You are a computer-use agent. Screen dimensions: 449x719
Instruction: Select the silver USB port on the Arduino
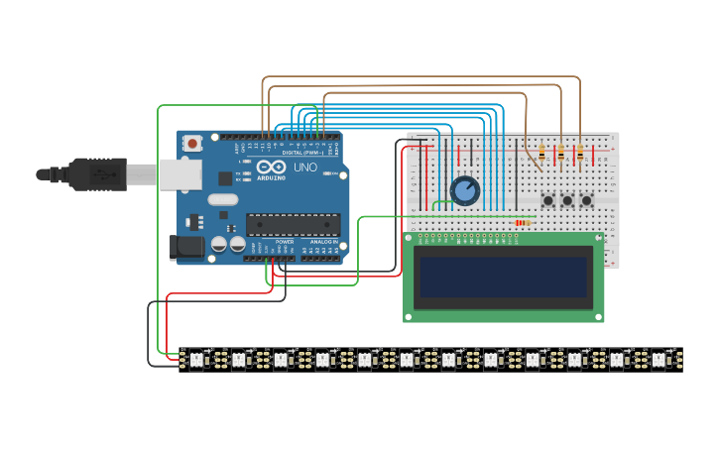pyautogui.click(x=180, y=174)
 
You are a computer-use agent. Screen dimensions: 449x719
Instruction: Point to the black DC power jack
pyautogui.click(x=184, y=247)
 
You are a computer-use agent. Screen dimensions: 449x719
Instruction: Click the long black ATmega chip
pyautogui.click(x=293, y=225)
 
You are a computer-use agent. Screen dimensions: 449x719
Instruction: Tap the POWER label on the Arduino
pyautogui.click(x=285, y=242)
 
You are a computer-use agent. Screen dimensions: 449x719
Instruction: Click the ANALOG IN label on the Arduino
pyautogui.click(x=322, y=242)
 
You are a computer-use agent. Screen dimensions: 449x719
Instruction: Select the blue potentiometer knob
pyautogui.click(x=464, y=190)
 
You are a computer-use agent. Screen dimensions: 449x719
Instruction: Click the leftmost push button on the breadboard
pyautogui.click(x=548, y=200)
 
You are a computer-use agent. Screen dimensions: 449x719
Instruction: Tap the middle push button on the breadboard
pyautogui.click(x=567, y=200)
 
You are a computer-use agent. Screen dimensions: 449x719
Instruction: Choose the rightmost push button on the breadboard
pyautogui.click(x=586, y=200)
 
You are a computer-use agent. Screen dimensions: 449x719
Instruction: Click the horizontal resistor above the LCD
pyautogui.click(x=523, y=222)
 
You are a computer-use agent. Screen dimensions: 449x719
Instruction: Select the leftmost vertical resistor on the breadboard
pyautogui.click(x=541, y=153)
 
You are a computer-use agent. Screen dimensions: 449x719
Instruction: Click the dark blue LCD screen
pyautogui.click(x=503, y=277)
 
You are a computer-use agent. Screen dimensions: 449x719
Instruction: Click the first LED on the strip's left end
pyautogui.click(x=195, y=359)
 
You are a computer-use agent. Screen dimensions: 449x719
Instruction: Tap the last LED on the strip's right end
pyautogui.click(x=659, y=359)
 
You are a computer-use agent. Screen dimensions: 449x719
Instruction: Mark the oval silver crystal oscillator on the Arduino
pyautogui.click(x=223, y=199)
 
